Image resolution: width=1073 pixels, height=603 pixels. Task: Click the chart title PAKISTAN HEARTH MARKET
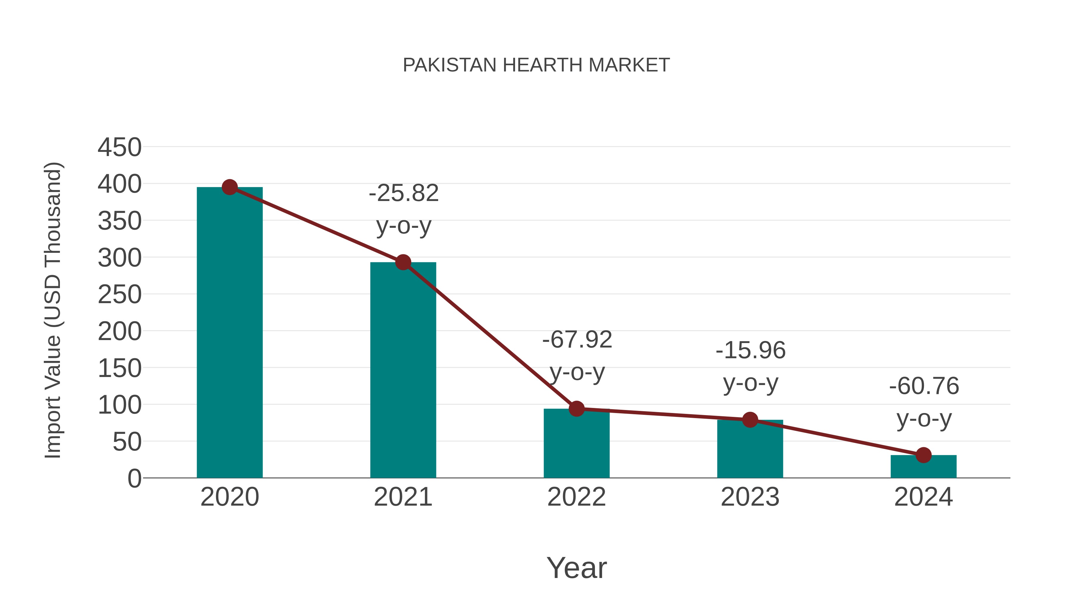[536, 65]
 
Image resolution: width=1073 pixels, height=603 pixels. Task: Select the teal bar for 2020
[230, 333]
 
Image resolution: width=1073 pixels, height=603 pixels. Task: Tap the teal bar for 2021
[403, 370]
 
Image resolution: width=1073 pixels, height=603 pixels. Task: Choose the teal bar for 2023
[750, 449]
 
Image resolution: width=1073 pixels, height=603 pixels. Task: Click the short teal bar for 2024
[923, 467]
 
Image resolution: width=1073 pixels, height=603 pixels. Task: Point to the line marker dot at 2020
[230, 187]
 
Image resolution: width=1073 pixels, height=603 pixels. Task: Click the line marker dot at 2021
[403, 262]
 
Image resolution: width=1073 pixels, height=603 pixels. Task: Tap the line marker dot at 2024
[923, 455]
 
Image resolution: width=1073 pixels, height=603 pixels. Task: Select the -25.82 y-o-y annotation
[404, 209]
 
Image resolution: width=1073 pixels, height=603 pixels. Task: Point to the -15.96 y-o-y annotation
[751, 366]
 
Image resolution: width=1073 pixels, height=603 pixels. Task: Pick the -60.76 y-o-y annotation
[924, 402]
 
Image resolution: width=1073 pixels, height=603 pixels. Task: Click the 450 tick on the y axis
[120, 147]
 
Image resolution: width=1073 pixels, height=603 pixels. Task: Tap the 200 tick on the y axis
[120, 332]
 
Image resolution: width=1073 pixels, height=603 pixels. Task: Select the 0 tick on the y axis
[134, 479]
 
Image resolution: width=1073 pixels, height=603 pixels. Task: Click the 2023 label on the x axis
[750, 497]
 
